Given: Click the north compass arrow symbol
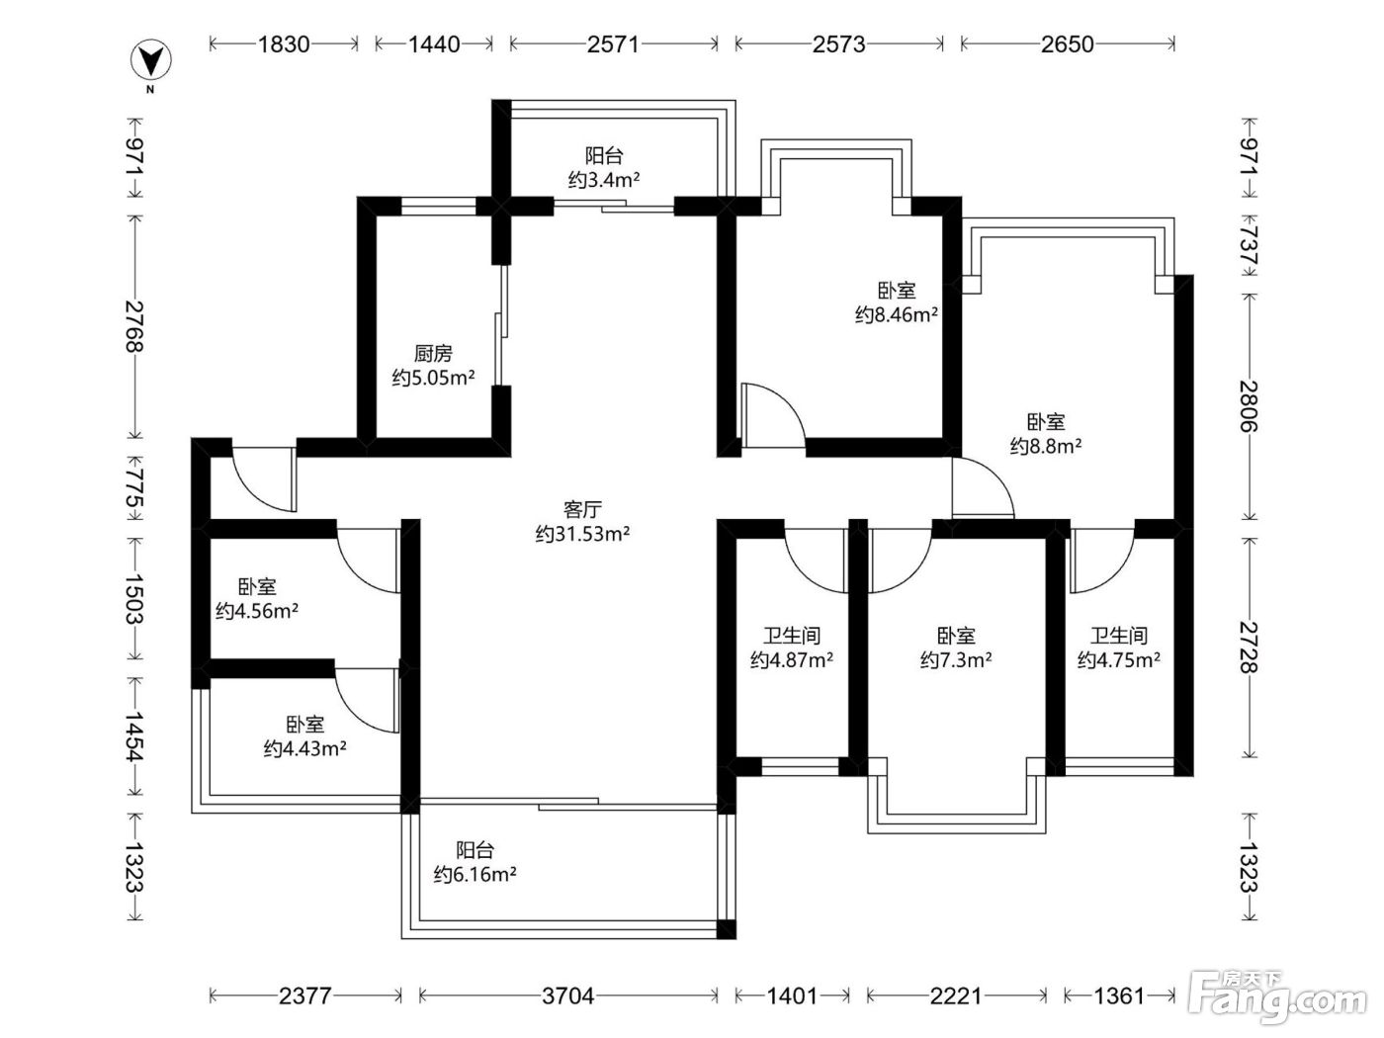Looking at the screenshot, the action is [x=150, y=60].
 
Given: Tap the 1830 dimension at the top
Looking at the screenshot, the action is [x=284, y=44].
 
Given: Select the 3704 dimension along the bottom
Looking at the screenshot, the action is [x=568, y=995].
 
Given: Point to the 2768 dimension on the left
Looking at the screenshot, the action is [x=134, y=326].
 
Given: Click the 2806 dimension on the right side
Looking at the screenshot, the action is [x=1249, y=406].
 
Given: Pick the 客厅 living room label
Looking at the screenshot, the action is [x=582, y=508].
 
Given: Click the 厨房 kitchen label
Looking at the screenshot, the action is [x=433, y=354].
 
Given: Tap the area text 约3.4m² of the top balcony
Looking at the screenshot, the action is [x=604, y=180].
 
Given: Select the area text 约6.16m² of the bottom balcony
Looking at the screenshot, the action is [x=475, y=875].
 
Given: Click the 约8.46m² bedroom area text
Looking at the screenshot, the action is [x=897, y=314].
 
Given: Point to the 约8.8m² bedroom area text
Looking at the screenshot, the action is [x=1046, y=446].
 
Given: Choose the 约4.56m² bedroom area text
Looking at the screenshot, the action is [x=257, y=611].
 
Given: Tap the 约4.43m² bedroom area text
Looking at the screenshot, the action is [x=305, y=748].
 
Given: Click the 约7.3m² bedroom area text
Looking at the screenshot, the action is [x=956, y=659].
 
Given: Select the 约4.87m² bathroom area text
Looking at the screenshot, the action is [x=791, y=659].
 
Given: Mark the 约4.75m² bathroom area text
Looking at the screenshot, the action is [x=1119, y=659].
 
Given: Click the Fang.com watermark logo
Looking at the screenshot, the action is [x=1278, y=996].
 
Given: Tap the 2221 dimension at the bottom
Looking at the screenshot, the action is [x=956, y=995].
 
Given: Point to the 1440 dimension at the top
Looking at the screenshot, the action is [x=434, y=44].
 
